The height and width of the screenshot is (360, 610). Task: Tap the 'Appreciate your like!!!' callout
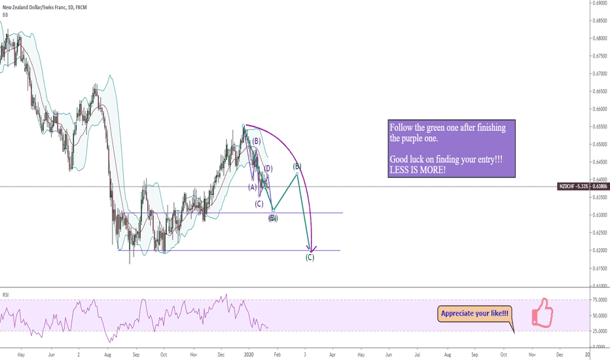point(475,314)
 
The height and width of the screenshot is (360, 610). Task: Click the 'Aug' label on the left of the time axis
point(107,353)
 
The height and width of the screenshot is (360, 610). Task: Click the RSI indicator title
point(6,294)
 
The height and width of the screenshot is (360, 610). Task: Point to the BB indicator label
point(6,14)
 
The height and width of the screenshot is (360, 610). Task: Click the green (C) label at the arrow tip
point(310,257)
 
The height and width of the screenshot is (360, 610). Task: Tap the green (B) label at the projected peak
point(296,166)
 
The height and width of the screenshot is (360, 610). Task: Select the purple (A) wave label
point(252,187)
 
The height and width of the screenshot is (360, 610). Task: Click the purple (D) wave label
point(268,169)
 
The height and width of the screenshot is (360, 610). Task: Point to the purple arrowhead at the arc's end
point(313,249)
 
